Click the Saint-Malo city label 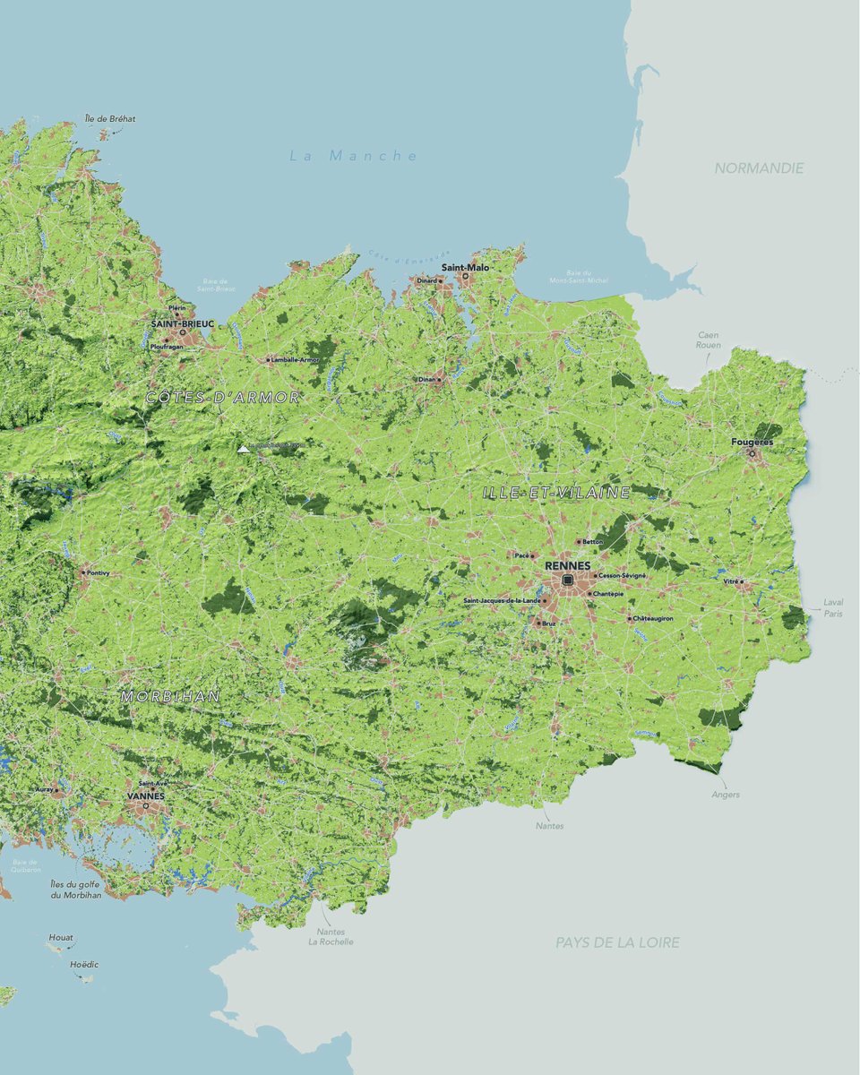click(x=465, y=267)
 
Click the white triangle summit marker click(x=243, y=449)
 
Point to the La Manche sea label click(x=354, y=156)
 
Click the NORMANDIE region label click(x=759, y=168)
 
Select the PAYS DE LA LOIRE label click(x=617, y=942)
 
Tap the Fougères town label click(x=752, y=443)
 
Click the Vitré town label click(x=731, y=581)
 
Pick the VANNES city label click(x=145, y=795)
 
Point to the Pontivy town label click(x=99, y=572)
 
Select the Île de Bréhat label click(x=110, y=118)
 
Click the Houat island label click(x=61, y=937)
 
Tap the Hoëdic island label click(x=84, y=965)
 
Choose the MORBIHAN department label click(x=170, y=696)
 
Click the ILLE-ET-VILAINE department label click(x=555, y=493)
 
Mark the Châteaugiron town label click(x=653, y=618)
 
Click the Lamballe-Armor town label click(x=296, y=360)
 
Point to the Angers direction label click(x=726, y=795)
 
